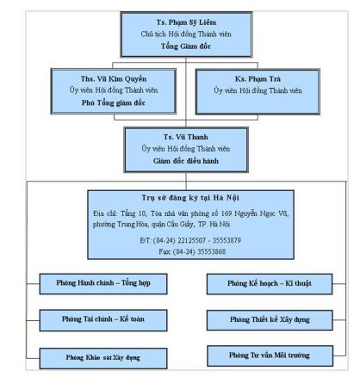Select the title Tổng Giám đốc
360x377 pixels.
[x=179, y=45]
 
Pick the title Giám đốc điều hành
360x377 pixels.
[x=179, y=161]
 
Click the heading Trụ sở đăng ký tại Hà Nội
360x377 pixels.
[x=179, y=196]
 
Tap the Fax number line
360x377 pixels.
[x=179, y=250]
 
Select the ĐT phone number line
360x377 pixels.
[x=179, y=239]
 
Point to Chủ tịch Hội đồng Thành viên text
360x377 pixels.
[x=179, y=33]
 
